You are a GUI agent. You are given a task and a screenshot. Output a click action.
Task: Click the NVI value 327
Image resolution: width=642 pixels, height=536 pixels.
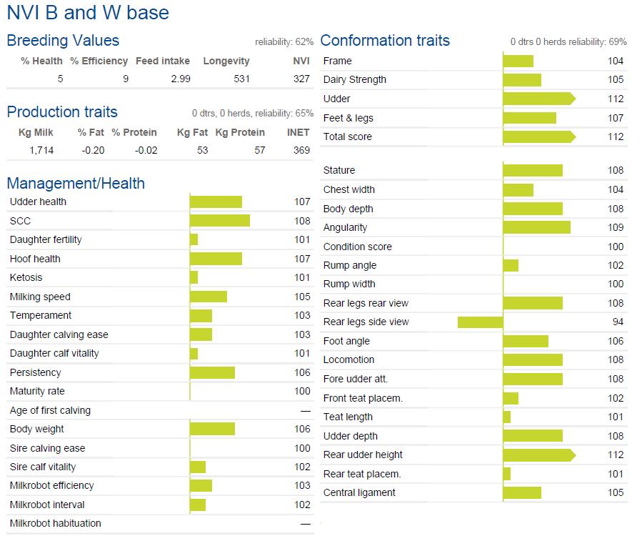coord(301,79)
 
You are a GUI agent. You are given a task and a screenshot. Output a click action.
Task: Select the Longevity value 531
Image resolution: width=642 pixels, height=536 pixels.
coord(241,79)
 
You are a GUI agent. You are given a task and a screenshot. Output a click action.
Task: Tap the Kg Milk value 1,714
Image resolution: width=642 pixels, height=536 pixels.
coord(41,150)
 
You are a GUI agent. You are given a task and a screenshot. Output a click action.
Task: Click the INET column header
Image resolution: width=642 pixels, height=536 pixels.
coord(298,132)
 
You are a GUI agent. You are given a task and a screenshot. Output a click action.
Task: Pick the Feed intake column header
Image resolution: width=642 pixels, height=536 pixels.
coord(163,61)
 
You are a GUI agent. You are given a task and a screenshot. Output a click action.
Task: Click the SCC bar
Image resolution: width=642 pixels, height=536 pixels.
coord(220,220)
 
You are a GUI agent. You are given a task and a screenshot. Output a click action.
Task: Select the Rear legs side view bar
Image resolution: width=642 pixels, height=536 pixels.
coord(481,322)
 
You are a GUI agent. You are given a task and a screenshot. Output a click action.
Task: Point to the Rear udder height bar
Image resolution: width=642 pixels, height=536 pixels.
coord(539,455)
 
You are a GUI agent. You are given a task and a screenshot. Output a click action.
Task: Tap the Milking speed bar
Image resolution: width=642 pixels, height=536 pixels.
coord(209,297)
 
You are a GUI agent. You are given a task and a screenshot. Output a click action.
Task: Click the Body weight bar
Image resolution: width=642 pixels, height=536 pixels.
coord(213,429)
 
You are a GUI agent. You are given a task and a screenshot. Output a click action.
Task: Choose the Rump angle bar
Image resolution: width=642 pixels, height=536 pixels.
coord(511,266)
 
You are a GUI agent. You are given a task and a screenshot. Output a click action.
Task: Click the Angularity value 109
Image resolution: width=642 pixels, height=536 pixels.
coord(616,227)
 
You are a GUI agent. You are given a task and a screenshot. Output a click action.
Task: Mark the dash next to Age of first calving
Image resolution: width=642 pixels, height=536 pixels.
coord(306,411)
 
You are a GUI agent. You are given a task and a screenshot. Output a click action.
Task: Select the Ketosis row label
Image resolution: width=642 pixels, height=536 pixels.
coord(26,277)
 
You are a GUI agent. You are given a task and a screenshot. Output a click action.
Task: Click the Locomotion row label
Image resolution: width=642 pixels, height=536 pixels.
coord(348,359)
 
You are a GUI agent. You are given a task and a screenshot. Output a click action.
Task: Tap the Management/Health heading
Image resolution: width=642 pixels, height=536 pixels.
coord(76,183)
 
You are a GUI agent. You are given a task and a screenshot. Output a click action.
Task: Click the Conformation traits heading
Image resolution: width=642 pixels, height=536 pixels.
coord(385,41)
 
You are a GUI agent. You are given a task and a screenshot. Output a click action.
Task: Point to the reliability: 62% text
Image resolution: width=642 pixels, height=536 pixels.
coord(284,41)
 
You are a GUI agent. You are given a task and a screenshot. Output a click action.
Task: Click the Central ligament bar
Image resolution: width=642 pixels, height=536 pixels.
coord(522,493)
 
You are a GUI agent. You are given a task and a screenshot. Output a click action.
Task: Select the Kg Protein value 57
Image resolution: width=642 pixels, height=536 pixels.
coord(259,150)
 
